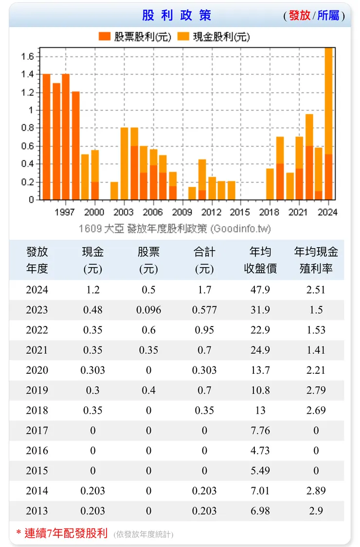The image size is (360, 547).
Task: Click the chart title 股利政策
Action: tap(177, 15)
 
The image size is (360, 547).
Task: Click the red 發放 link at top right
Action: tap(299, 16)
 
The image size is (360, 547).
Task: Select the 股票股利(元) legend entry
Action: tap(135, 37)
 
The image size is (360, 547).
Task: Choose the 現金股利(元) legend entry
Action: tap(214, 37)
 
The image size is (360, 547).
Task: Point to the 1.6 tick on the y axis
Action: tap(27, 56)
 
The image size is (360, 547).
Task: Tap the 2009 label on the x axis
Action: tap(182, 212)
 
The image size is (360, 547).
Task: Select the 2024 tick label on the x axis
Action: tap(327, 212)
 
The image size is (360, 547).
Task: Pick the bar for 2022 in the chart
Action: tap(309, 156)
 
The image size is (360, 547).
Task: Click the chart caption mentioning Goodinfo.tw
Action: tap(175, 228)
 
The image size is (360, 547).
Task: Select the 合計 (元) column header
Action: tap(204, 260)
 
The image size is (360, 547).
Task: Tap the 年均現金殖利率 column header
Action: tap(316, 260)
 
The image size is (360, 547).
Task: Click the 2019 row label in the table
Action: tap(37, 390)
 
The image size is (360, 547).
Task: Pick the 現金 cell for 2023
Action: tap(92, 310)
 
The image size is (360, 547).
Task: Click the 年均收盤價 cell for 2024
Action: tap(260, 290)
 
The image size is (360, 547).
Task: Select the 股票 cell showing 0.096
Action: tap(148, 310)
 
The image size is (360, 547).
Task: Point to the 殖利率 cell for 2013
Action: tap(316, 511)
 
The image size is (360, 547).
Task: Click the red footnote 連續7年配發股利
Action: tap(66, 533)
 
